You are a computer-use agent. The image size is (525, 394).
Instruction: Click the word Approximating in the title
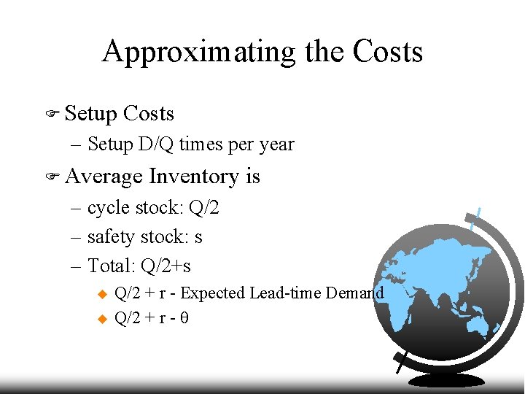(x=198, y=52)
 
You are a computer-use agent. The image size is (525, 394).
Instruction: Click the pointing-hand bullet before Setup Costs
(x=51, y=114)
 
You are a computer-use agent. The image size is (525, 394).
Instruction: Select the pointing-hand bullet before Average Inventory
(x=51, y=177)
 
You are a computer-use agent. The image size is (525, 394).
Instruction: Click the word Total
(x=109, y=266)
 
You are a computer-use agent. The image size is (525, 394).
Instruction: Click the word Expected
(x=212, y=293)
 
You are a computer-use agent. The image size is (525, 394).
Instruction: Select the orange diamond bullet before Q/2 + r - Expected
(x=101, y=294)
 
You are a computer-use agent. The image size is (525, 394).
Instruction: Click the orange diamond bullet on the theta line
(x=101, y=319)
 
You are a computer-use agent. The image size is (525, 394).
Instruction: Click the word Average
(x=104, y=177)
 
